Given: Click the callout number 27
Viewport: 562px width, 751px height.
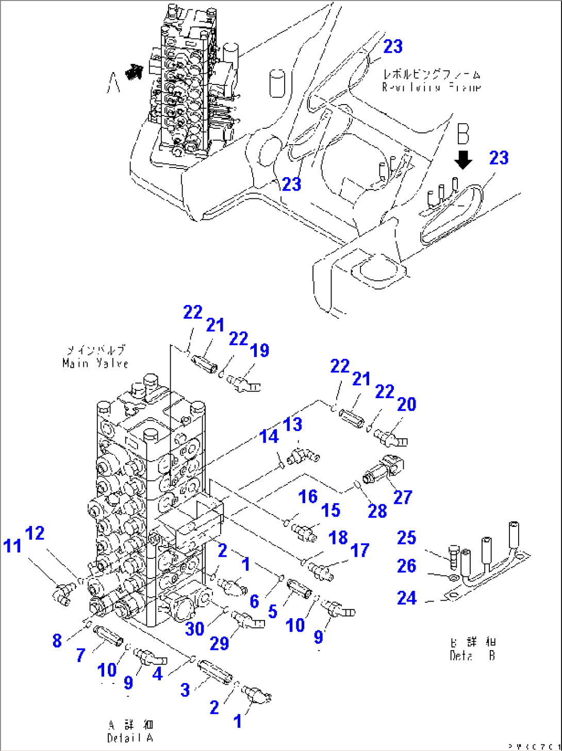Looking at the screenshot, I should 403,497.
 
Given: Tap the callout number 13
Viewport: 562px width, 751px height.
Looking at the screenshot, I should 292,424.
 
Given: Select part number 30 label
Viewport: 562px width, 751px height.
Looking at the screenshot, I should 195,628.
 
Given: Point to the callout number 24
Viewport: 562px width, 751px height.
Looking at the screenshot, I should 406,598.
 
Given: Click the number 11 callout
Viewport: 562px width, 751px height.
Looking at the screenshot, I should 12,545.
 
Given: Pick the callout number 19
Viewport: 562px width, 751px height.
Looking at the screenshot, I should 259,350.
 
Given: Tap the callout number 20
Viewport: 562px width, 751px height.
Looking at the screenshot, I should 406,404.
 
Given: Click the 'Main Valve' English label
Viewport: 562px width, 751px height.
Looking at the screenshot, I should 95,364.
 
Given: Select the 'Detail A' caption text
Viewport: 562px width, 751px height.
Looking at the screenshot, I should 130,738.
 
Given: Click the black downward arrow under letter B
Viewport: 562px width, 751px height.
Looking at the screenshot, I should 464,160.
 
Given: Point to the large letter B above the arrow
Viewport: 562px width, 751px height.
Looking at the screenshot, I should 463,134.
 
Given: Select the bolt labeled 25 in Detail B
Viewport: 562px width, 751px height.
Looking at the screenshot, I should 453,556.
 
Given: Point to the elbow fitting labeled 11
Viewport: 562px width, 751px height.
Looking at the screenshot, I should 62,592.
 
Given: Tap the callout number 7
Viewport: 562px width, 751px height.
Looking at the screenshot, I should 80,655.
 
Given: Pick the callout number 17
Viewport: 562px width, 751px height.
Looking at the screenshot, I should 360,550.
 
